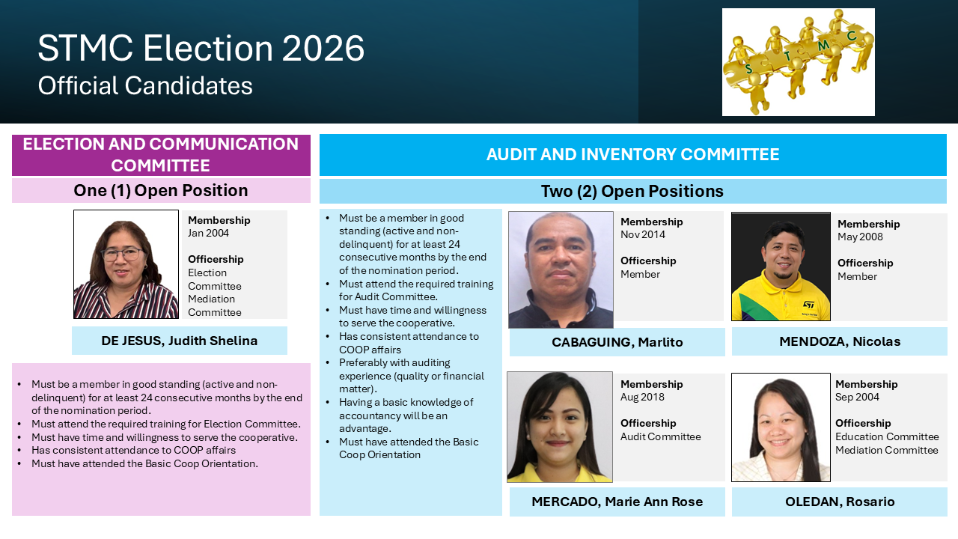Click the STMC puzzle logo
point(798,62)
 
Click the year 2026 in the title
point(323,48)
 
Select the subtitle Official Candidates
point(145,85)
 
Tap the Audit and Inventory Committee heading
point(632,154)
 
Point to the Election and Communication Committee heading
point(161,154)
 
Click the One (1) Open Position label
point(161,190)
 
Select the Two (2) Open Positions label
point(632,191)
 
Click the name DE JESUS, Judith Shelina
point(179,341)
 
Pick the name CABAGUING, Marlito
point(617,342)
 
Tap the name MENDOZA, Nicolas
point(840,341)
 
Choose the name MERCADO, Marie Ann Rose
point(617,502)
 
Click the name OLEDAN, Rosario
point(840,502)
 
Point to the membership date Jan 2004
point(208,233)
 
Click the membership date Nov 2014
point(643,234)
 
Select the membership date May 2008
point(860,237)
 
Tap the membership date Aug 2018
point(642,397)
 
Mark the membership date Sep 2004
point(857,397)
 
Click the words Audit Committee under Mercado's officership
point(661,436)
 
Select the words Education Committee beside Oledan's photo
point(887,436)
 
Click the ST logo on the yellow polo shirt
point(808,305)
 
